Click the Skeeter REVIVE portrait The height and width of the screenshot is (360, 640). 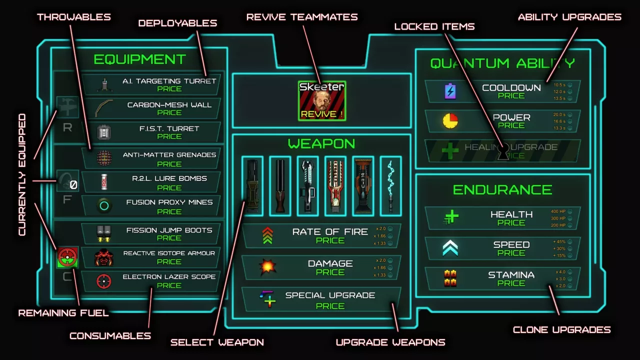point(321,100)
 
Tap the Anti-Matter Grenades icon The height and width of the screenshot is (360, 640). point(104,158)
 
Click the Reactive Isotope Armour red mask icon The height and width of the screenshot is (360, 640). point(104,257)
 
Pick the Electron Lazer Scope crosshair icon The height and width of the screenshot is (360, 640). point(104,281)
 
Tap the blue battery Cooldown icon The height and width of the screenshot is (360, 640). point(450,91)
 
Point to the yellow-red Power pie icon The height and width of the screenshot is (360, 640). point(450,121)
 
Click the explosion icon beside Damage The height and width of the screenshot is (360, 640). point(267,267)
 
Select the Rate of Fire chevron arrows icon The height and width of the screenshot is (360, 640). point(267,235)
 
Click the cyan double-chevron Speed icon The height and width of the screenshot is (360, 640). point(450,248)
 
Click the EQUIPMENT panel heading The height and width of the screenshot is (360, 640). point(139,59)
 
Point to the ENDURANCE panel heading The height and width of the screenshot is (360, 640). point(502,190)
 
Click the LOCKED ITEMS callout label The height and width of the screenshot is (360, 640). point(434,26)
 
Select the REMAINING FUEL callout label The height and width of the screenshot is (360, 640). point(63,313)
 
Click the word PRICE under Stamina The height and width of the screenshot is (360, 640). point(511,283)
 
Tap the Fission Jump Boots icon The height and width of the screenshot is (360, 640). point(104,233)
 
